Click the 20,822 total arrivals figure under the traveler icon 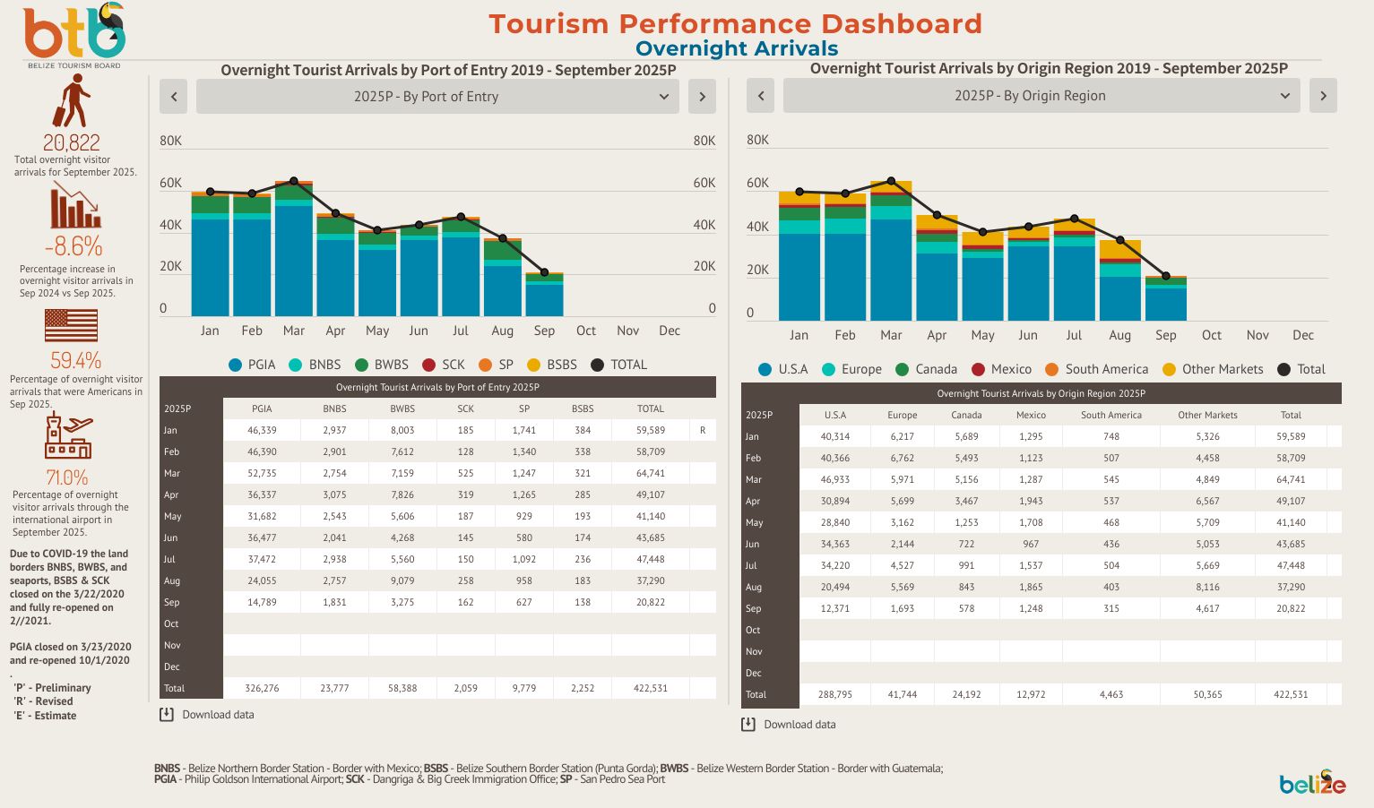tap(72, 142)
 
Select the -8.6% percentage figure tap(73, 246)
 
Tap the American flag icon tap(71, 325)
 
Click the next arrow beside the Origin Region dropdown tap(1323, 96)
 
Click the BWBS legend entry tap(382, 365)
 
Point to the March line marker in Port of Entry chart tap(294, 181)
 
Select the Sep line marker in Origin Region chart tap(1165, 276)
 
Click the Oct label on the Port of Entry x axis tap(586, 331)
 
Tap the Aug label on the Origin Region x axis tap(1119, 335)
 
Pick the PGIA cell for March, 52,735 tap(262, 473)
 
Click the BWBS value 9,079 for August tap(402, 580)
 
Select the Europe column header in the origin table tap(902, 415)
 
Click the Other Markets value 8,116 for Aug tap(1207, 587)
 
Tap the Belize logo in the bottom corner tap(1312, 782)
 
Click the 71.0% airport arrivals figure tap(67, 477)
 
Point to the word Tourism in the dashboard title tap(549, 24)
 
